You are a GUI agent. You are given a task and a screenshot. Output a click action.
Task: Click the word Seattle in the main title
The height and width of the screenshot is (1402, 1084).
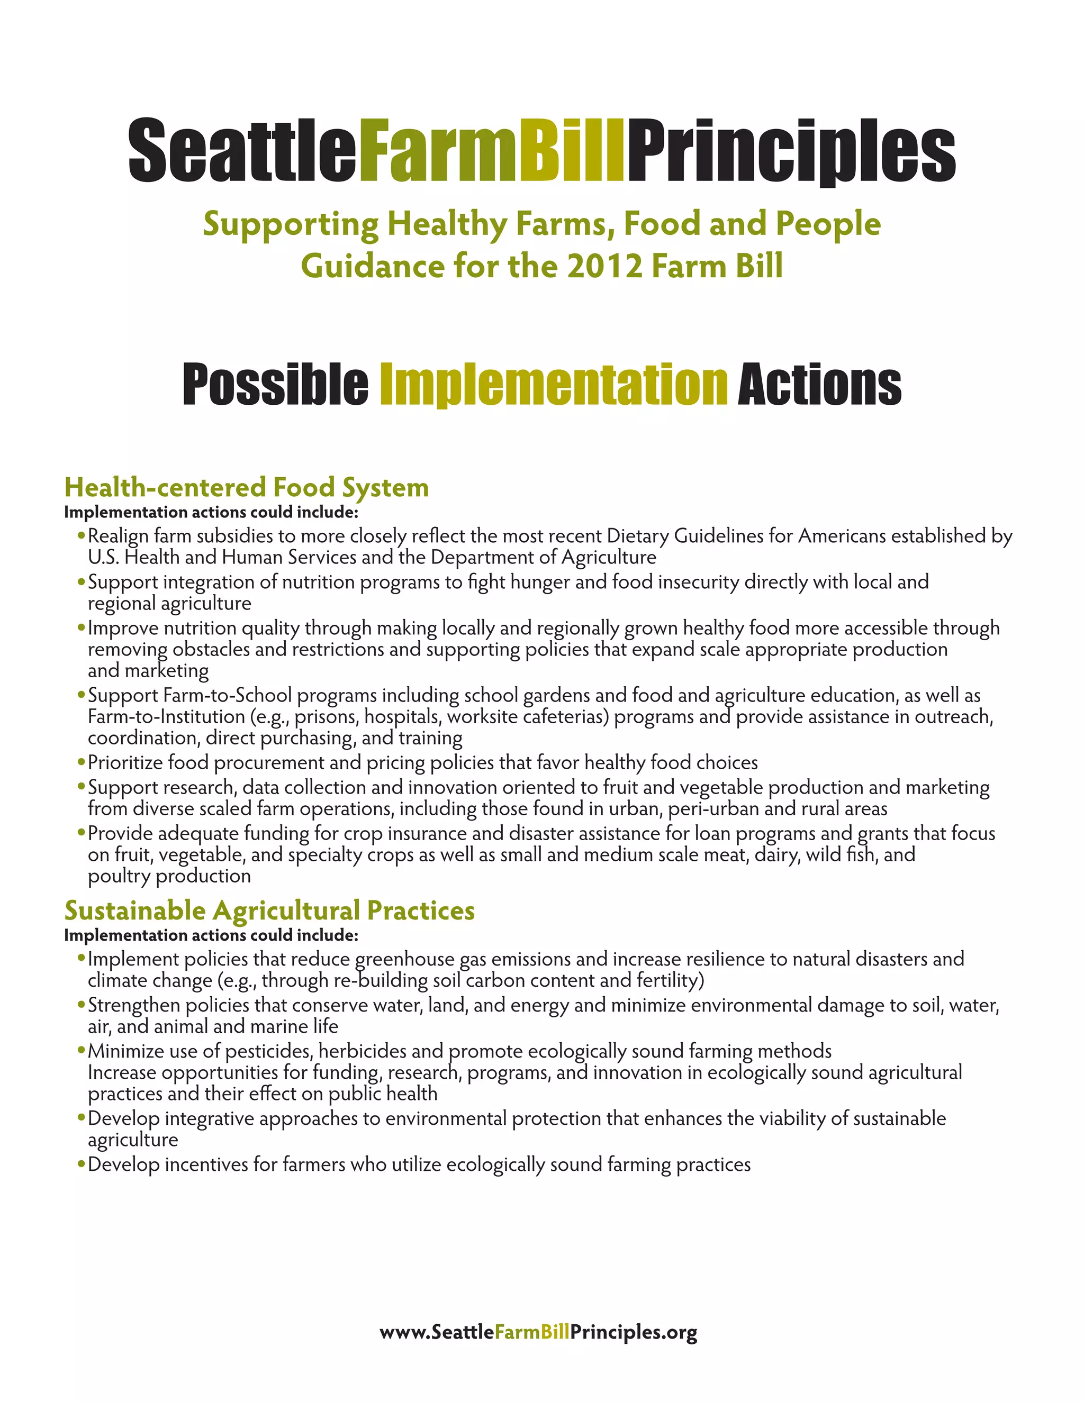pos(243,151)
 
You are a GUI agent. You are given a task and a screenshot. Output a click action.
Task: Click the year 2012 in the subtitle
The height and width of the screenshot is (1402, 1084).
pos(605,266)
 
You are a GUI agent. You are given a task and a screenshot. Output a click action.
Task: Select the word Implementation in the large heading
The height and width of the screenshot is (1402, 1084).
pos(554,385)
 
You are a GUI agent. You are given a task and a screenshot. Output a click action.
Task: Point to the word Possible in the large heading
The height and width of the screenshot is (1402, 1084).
pos(275,385)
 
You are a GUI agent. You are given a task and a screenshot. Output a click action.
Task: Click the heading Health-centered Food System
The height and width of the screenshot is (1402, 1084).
pos(247,487)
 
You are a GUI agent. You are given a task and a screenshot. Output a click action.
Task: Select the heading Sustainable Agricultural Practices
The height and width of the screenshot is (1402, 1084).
pos(270,911)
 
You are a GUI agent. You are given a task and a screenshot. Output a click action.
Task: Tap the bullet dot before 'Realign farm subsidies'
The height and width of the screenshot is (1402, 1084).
pos(81,535)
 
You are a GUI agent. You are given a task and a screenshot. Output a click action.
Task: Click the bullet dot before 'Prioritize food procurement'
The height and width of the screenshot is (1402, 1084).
pos(81,762)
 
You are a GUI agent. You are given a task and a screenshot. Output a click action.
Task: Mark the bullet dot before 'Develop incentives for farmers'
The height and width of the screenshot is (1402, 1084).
pos(81,1164)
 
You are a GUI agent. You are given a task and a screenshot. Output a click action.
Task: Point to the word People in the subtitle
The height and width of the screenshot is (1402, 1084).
pos(828,224)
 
